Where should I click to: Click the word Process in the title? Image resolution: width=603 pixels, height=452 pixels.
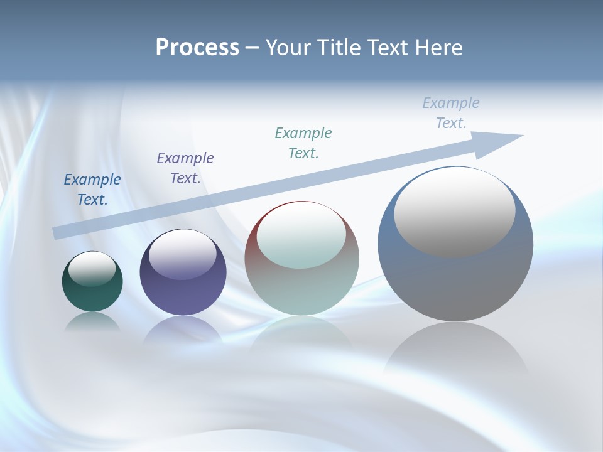(197, 48)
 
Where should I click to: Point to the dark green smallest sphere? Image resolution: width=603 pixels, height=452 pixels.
(92, 295)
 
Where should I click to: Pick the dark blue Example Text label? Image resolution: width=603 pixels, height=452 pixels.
(92, 190)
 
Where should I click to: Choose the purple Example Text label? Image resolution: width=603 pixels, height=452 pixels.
(185, 168)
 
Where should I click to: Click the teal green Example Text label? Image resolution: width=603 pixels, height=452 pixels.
(303, 143)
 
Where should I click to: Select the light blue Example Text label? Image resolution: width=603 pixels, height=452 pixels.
(451, 113)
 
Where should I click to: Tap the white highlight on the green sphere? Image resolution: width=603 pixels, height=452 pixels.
(92, 269)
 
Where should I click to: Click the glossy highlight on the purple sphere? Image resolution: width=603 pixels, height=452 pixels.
(183, 255)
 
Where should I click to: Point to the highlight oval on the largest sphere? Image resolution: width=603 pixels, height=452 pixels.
(454, 212)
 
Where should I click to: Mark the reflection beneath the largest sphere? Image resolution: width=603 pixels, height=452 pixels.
(455, 352)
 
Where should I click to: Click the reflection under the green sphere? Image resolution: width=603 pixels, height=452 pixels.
(92, 322)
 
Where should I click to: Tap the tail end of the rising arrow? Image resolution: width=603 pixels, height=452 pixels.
(58, 233)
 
